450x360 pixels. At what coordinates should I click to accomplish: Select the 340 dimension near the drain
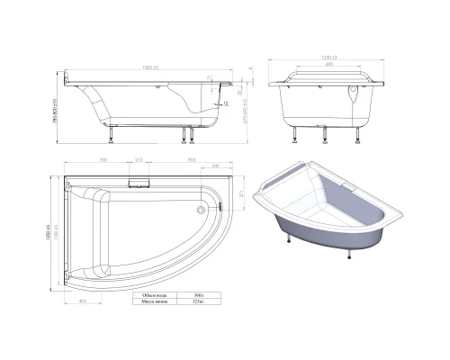click(x=217, y=166)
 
